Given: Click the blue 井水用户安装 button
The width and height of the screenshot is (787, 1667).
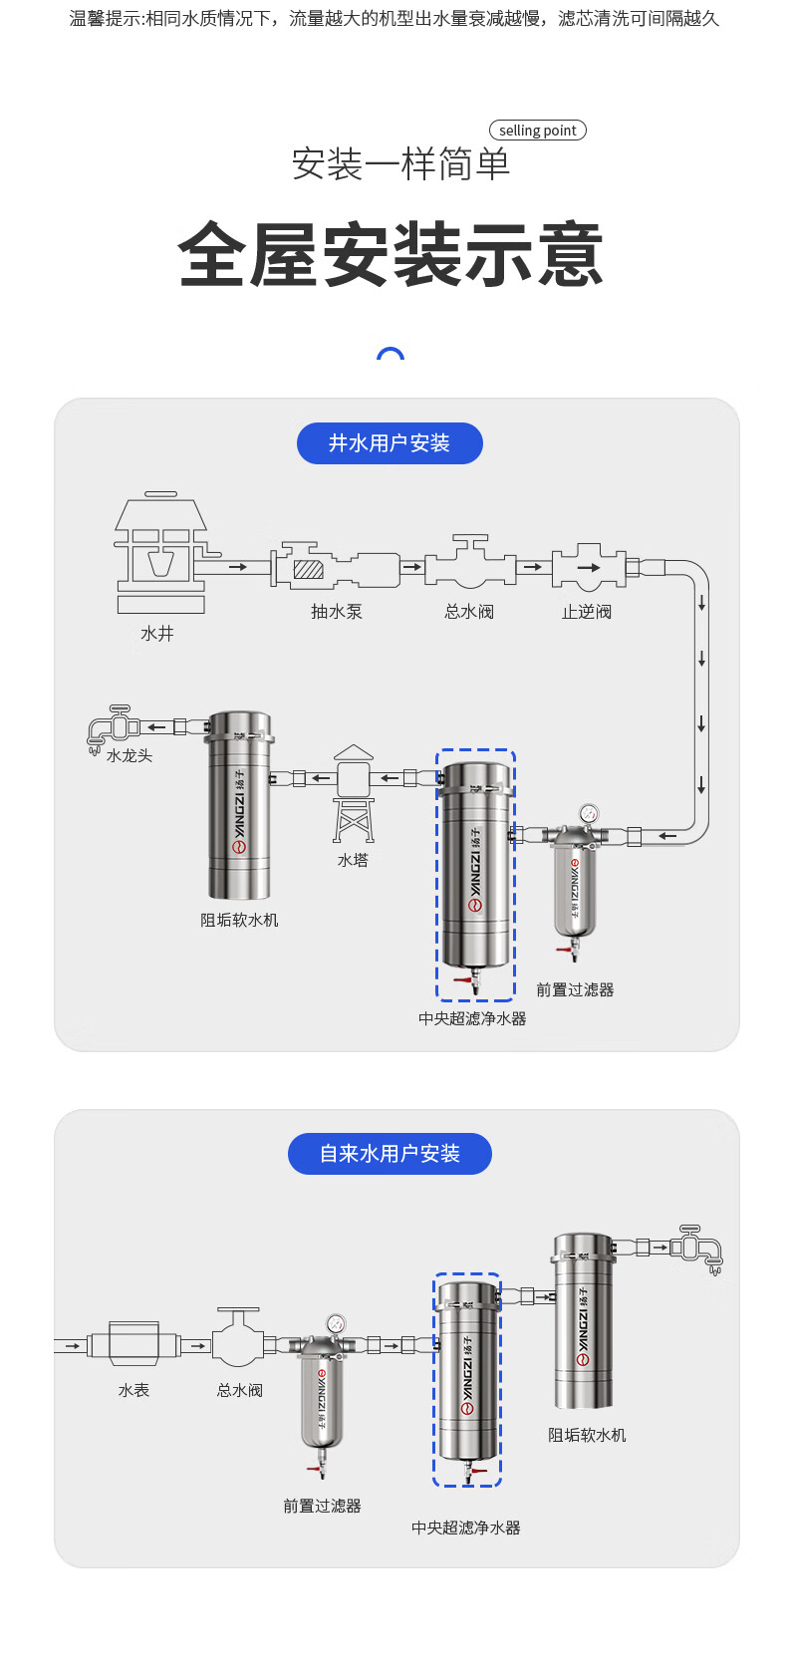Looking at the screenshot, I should click(x=390, y=443).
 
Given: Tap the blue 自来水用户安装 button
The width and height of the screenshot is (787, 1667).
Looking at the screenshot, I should click(x=390, y=1154).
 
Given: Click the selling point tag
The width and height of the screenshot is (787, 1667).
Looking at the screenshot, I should click(x=537, y=131).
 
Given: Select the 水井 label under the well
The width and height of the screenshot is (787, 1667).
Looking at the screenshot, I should click(x=157, y=634).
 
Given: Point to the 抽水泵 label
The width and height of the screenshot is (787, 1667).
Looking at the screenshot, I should click(x=337, y=612).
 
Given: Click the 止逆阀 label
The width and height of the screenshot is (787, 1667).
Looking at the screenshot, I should click(x=586, y=612).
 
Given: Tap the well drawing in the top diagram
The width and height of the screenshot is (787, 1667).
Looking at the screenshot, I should click(x=160, y=553).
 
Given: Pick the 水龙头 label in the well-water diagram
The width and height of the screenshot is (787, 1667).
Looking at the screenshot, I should click(x=130, y=755).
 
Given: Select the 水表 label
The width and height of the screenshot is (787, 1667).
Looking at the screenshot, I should click(x=133, y=1390).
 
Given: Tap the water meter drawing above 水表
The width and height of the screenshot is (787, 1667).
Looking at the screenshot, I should click(x=133, y=1345).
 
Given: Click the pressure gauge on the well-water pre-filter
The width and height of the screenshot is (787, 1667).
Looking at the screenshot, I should click(x=589, y=813).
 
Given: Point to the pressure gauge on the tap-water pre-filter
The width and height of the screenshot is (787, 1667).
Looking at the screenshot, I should click(x=335, y=1324).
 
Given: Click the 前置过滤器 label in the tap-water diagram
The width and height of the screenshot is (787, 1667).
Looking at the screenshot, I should click(x=322, y=1506).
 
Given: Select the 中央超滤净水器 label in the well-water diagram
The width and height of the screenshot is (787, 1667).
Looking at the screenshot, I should click(x=472, y=1018).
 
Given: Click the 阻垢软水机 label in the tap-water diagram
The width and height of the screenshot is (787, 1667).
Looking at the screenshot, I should click(x=587, y=1435).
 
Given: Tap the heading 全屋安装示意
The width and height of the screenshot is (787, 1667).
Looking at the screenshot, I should click(x=391, y=255).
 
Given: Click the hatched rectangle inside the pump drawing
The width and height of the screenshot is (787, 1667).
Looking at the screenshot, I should click(x=309, y=570).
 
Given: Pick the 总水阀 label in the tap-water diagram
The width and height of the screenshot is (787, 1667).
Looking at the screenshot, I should click(x=240, y=1390).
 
